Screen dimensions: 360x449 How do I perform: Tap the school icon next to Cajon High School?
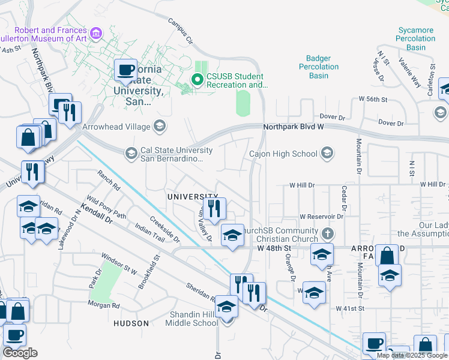327,154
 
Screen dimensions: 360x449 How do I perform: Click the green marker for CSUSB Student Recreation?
197,79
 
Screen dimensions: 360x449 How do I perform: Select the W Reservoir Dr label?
322,217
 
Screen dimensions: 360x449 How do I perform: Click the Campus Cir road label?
180,32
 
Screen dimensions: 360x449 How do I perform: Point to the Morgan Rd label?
103,305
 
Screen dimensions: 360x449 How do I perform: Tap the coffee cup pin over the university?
125,70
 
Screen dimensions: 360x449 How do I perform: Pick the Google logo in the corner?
20,353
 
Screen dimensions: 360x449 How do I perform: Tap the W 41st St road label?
351,308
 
